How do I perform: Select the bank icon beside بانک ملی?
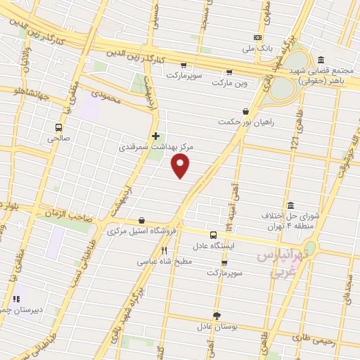pos(258,37)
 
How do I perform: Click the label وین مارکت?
pos(229,82)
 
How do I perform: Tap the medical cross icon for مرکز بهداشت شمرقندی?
pos(155,136)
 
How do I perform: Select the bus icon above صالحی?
pos(58,128)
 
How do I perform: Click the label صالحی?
pos(58,139)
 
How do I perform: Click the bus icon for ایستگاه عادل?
pos(213,235)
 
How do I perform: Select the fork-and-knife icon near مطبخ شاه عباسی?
pos(164,250)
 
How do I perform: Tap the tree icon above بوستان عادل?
pos(217,316)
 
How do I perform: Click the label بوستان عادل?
pos(217,327)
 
